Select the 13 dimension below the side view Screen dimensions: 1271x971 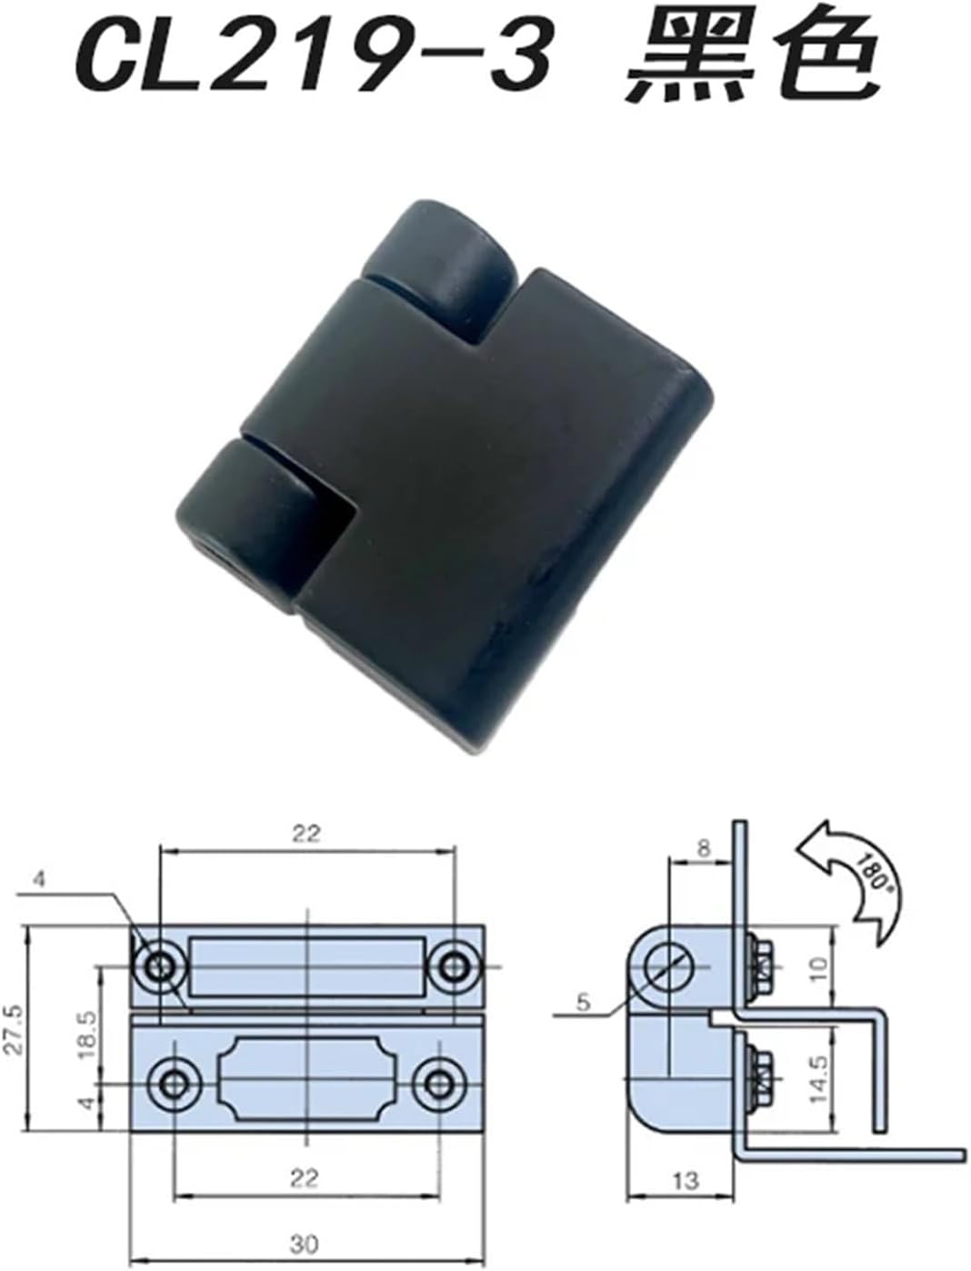point(686,1181)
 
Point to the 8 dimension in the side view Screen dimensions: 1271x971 point(703,849)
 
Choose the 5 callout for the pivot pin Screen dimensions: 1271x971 point(583,1003)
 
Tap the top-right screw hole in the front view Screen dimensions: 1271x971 point(453,966)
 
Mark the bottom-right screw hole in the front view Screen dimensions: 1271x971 point(440,1084)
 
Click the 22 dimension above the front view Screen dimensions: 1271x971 point(306,834)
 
